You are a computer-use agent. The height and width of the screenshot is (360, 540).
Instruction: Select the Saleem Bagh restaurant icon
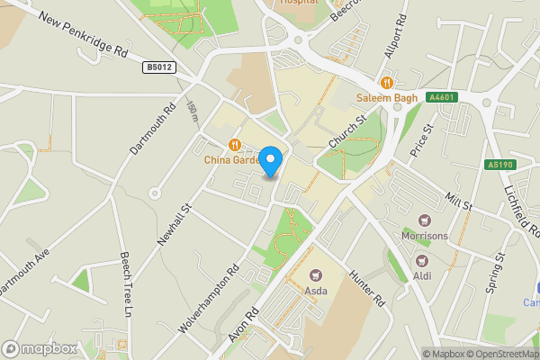pyautogui.click(x=389, y=81)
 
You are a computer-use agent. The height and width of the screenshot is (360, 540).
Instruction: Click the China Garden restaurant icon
pyautogui.click(x=234, y=144)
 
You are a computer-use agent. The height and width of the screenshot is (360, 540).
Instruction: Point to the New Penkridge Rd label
pyautogui.click(x=83, y=38)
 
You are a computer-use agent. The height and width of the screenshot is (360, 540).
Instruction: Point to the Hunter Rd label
pyautogui.click(x=367, y=290)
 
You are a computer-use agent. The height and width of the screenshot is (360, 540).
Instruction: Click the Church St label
pyautogui.click(x=346, y=132)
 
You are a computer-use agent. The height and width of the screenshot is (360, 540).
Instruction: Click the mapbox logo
pyautogui.click(x=40, y=348)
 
